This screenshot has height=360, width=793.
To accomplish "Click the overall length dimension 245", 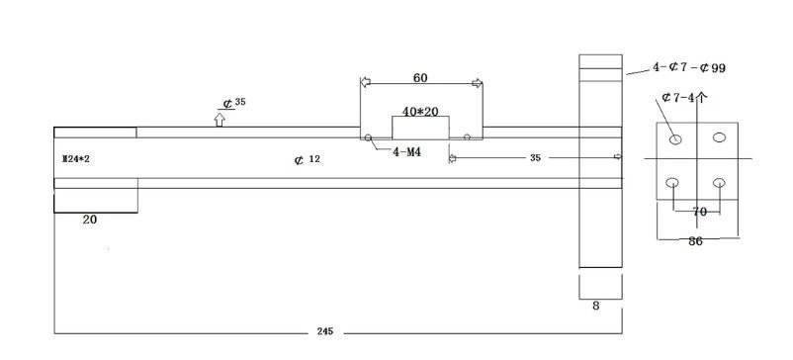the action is [325, 331].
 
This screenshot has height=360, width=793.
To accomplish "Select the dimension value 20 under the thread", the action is [90, 220].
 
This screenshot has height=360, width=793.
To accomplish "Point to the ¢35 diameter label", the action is [234, 103].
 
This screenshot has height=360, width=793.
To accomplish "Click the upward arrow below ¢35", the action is [219, 120].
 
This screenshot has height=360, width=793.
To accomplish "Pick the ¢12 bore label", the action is [307, 160].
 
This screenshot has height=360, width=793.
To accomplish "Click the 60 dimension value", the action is [420, 78].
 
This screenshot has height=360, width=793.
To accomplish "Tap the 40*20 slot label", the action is [420, 111].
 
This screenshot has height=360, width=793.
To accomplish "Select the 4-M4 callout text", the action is [407, 151].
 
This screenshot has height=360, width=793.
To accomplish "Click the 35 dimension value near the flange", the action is [535, 158].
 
